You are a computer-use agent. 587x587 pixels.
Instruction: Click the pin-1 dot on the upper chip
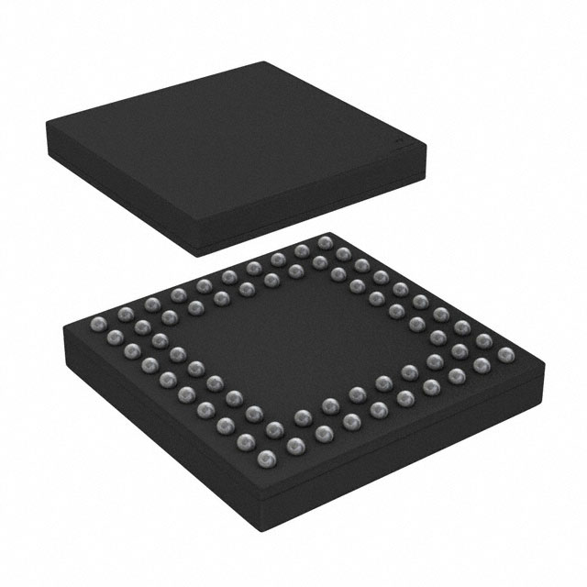[x=399, y=145]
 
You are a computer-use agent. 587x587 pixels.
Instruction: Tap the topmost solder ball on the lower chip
[x=324, y=242]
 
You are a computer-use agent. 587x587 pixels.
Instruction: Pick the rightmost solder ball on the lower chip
[x=503, y=354]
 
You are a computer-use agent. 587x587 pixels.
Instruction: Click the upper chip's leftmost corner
[x=44, y=126]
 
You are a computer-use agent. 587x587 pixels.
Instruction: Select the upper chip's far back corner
[x=269, y=62]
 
